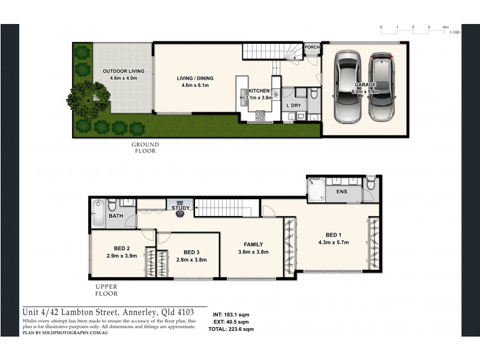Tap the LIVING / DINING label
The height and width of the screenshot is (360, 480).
[x=194, y=78]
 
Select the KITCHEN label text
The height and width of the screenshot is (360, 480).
[x=259, y=91]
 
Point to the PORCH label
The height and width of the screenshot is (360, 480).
[x=311, y=47]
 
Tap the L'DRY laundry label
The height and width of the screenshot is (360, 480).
[x=293, y=106]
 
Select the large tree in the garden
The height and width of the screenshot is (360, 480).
[x=89, y=98]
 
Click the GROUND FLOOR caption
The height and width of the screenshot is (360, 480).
[x=145, y=148]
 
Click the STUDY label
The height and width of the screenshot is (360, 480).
[x=181, y=208]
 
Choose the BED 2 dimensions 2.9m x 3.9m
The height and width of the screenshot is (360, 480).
[x=122, y=256]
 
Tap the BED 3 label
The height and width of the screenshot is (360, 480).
[x=191, y=252]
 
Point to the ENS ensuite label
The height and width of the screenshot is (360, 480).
[x=341, y=192]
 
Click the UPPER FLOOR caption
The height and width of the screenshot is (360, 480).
[x=106, y=291]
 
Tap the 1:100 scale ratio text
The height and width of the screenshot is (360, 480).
[x=454, y=33]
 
